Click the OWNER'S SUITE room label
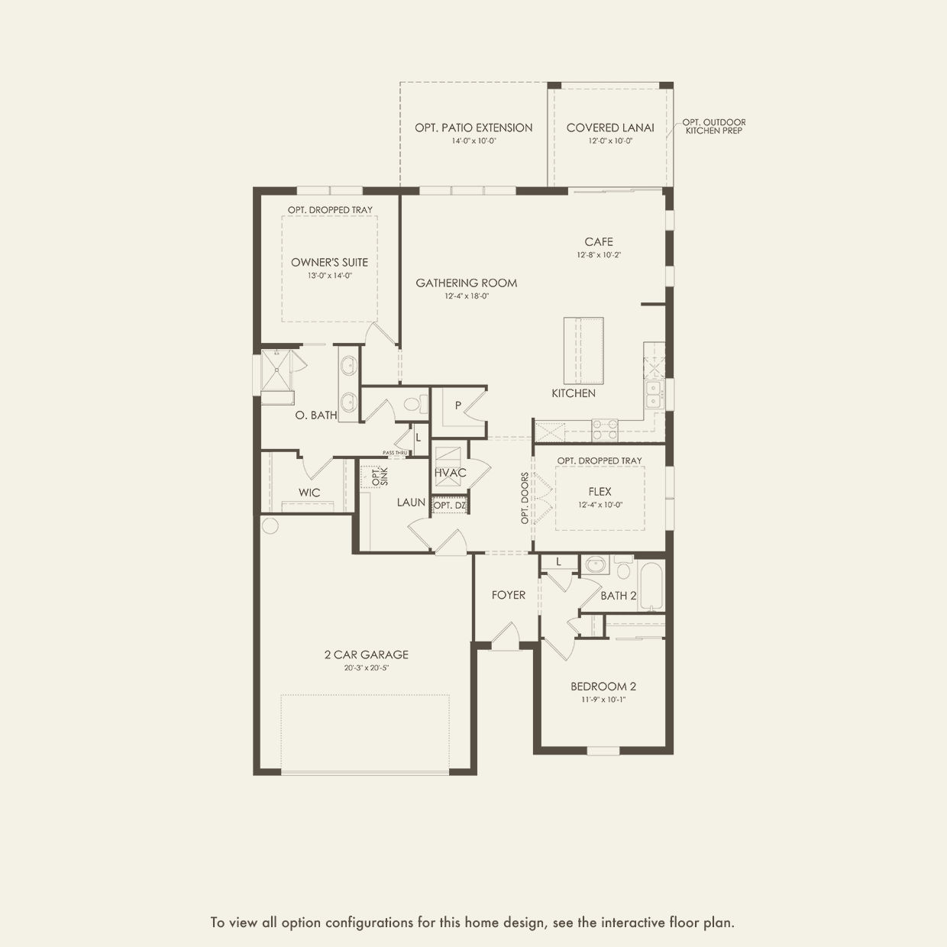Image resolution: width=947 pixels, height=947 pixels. (x=329, y=262)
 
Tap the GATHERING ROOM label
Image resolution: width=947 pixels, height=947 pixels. (x=466, y=283)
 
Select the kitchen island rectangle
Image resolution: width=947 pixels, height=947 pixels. (x=583, y=351)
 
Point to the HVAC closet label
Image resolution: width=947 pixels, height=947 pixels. (x=450, y=473)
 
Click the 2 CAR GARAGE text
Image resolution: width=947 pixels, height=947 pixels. (x=366, y=654)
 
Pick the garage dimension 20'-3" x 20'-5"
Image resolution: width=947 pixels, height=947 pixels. (x=366, y=668)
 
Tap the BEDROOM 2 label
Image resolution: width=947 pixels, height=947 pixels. (x=603, y=686)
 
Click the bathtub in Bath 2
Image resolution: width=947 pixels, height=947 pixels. (x=651, y=587)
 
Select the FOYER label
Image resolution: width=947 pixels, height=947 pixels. (x=508, y=595)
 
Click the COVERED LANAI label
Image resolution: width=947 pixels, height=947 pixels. (x=609, y=128)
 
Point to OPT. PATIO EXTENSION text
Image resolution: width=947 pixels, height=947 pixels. (x=473, y=128)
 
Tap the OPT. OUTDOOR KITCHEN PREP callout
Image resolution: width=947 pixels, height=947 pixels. (x=713, y=126)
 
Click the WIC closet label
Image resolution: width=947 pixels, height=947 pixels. (x=309, y=493)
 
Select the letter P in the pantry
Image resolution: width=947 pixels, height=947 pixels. (x=458, y=406)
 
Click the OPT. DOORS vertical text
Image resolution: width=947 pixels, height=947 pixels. (x=525, y=498)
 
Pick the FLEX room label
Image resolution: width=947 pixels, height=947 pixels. (x=600, y=492)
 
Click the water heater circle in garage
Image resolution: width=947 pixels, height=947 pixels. (x=269, y=525)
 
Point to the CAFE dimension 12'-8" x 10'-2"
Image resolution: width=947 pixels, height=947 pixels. (x=599, y=255)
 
